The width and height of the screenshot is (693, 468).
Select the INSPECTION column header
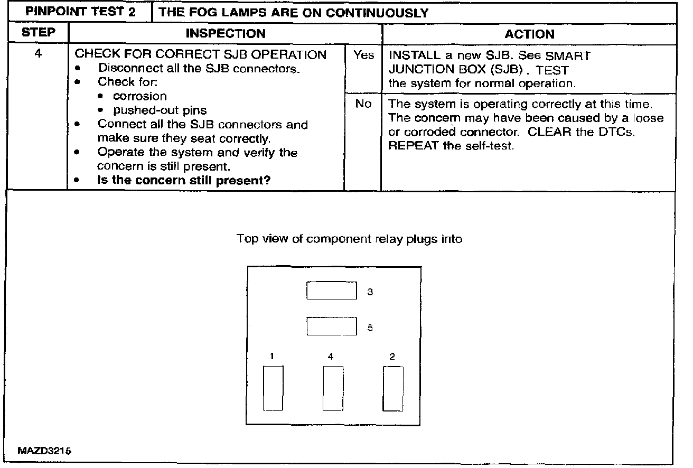226,34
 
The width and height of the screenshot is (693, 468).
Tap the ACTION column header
529,34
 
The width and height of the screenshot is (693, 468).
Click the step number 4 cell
38,54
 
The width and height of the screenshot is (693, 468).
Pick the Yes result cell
363,55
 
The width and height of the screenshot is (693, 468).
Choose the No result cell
363,104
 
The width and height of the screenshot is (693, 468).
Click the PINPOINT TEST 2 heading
80,12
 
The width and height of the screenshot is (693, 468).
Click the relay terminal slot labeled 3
332,291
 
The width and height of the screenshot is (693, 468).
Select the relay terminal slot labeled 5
332,326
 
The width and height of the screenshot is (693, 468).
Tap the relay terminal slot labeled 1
273,388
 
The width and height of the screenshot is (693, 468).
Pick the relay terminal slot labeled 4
333,388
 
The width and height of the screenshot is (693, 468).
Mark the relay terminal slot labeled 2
392,388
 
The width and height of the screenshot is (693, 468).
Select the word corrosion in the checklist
140,97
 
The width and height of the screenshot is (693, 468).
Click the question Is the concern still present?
184,181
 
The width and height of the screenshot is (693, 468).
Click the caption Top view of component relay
349,239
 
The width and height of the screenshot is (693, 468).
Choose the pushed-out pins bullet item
160,111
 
